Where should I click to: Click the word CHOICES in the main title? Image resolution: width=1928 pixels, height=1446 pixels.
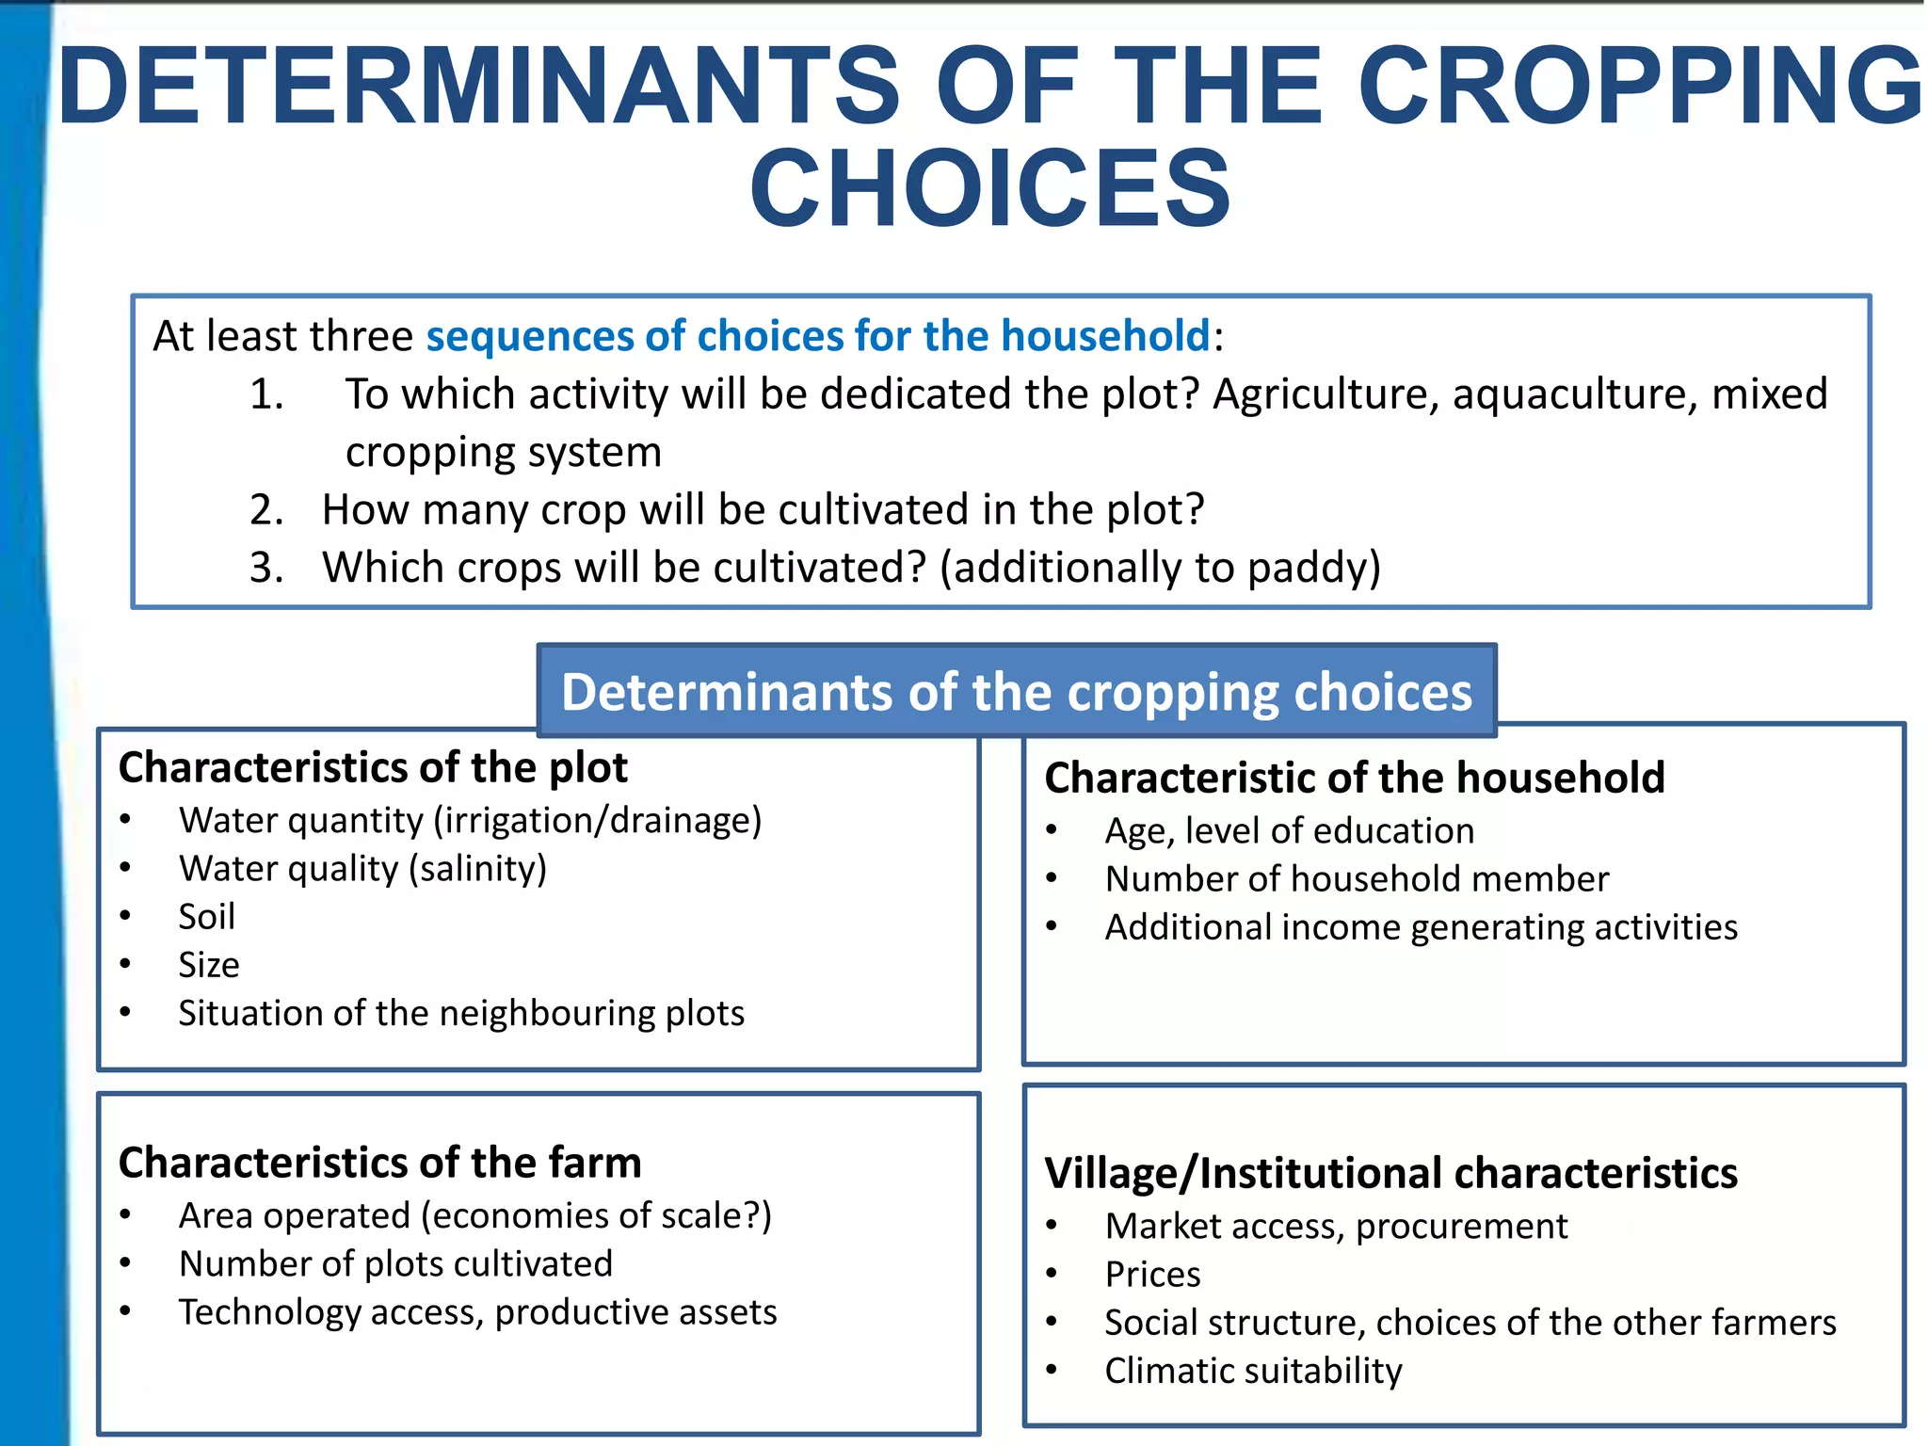point(989,189)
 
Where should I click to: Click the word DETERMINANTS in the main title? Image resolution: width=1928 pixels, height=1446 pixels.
point(478,87)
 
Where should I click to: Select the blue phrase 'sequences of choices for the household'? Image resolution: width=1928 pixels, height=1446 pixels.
point(817,336)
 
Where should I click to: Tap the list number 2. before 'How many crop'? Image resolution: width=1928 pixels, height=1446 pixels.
point(266,510)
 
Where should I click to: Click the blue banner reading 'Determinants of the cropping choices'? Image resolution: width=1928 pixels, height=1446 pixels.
point(1016,692)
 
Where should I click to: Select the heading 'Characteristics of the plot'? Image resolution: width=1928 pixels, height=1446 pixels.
point(372,768)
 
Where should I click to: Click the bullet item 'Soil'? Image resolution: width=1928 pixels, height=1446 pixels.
point(206,917)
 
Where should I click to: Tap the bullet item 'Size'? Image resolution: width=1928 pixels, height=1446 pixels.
point(208,965)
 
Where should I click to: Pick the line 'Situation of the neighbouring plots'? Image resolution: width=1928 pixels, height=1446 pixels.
point(461,1014)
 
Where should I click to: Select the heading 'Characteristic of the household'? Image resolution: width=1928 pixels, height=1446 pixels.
point(1354,779)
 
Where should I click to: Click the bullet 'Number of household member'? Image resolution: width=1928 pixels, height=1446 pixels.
point(1356,879)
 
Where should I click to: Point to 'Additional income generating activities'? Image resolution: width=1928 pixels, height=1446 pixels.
point(1421,928)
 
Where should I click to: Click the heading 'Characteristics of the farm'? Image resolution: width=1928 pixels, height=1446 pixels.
point(379,1164)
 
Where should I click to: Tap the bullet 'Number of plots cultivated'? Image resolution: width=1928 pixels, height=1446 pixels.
point(395,1264)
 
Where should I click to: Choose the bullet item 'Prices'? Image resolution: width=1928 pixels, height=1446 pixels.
point(1152,1275)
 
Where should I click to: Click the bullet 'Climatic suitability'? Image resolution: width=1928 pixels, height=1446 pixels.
point(1252,1372)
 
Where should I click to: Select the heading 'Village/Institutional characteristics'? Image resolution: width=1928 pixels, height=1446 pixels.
point(1390,1174)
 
